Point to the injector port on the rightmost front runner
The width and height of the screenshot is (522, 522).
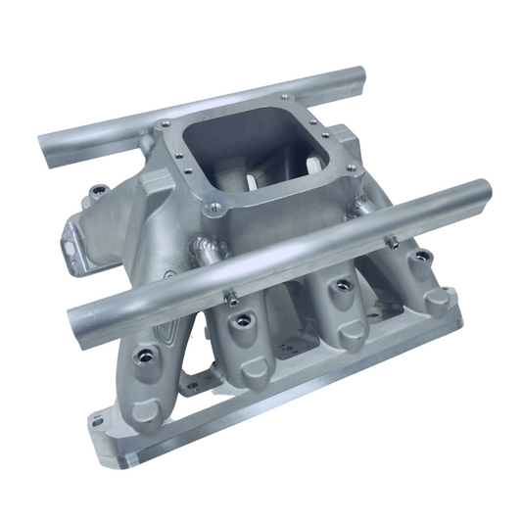coord(423,257)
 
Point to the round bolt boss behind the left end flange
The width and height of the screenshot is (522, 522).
coord(98,192)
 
